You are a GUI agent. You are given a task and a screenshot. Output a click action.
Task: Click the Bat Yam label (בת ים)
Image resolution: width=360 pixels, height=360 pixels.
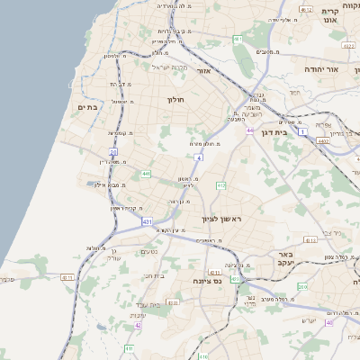click(87, 107)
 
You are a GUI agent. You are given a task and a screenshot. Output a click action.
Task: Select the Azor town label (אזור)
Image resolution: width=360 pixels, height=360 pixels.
click(203, 69)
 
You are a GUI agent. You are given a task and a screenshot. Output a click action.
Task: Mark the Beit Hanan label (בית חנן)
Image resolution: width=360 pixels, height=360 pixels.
click(155, 275)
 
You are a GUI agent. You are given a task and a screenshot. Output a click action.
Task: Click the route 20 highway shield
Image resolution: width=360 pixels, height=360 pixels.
click(113, 152)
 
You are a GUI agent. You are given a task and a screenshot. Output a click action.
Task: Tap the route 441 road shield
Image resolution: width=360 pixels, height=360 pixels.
click(145, 174)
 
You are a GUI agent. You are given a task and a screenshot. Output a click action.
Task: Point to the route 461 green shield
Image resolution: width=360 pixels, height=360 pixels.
click(238, 40)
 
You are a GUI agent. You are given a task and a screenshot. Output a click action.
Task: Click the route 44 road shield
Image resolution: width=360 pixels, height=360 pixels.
click(250, 130)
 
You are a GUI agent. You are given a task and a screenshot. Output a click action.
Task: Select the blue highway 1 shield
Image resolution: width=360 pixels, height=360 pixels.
click(303, 132)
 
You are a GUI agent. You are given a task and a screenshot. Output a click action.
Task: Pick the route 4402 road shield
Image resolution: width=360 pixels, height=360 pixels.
click(322, 140)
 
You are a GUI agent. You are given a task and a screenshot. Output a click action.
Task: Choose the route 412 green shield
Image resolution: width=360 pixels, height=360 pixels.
click(220, 185)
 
